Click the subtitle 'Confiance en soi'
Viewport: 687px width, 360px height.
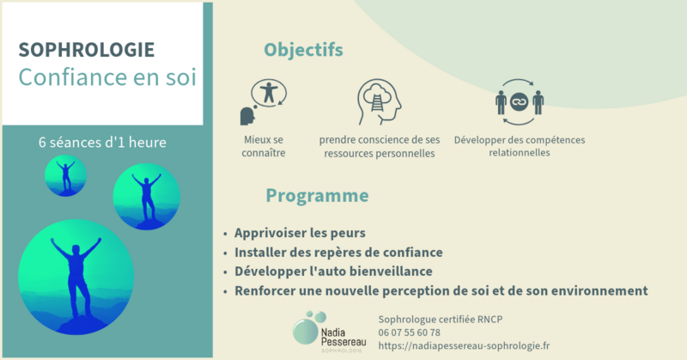[107, 77]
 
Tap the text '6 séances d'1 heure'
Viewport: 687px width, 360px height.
[102, 141]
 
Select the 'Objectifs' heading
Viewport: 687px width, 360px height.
[303, 49]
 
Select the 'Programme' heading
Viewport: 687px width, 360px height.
[317, 196]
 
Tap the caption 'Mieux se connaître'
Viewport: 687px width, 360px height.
[263, 146]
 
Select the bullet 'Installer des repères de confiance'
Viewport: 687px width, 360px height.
[338, 253]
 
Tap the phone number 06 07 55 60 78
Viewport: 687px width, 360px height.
[409, 333]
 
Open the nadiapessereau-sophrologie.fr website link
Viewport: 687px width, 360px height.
[464, 345]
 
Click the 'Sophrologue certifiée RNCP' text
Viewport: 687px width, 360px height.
[440, 320]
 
